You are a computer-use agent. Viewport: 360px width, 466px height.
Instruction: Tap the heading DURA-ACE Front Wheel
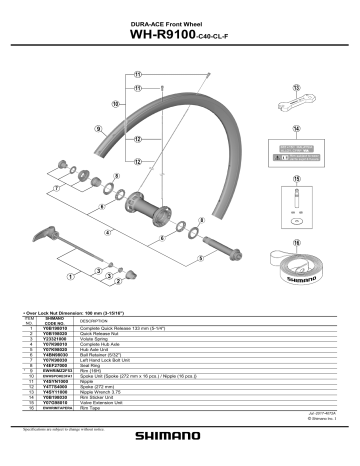[179, 23]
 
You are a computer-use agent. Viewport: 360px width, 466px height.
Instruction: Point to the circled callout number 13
[297, 87]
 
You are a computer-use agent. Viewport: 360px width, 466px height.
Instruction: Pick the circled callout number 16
[297, 242]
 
